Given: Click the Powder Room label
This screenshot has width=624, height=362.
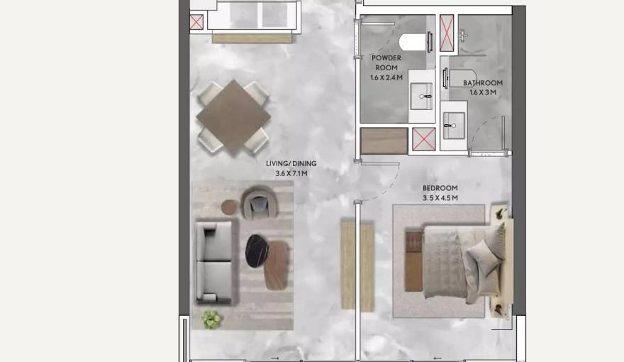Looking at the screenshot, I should [x=386, y=62].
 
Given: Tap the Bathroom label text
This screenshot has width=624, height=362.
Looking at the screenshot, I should [x=483, y=83].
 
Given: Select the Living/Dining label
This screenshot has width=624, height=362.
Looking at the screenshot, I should [x=291, y=164].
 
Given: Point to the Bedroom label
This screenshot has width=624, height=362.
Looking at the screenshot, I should [x=440, y=188].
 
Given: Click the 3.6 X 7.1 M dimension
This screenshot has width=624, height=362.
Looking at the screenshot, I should [x=291, y=172].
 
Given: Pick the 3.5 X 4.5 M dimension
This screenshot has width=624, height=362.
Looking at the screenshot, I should [x=440, y=197].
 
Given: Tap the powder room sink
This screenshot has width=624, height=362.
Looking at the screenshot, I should [x=421, y=95].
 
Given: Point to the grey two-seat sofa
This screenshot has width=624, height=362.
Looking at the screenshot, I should [x=214, y=261].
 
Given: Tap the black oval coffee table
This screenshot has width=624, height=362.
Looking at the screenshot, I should [x=256, y=251].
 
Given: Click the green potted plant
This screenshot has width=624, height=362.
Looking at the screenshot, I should [x=211, y=319].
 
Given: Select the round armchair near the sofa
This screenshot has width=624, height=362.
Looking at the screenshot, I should [x=260, y=203].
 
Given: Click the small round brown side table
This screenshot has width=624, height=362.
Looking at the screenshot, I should [x=230, y=207].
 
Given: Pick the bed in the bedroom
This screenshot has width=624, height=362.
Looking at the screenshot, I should [x=454, y=261].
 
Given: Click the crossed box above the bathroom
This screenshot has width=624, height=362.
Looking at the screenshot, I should [x=447, y=33].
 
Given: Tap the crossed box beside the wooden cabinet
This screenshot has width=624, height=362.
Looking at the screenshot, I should [x=423, y=140].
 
